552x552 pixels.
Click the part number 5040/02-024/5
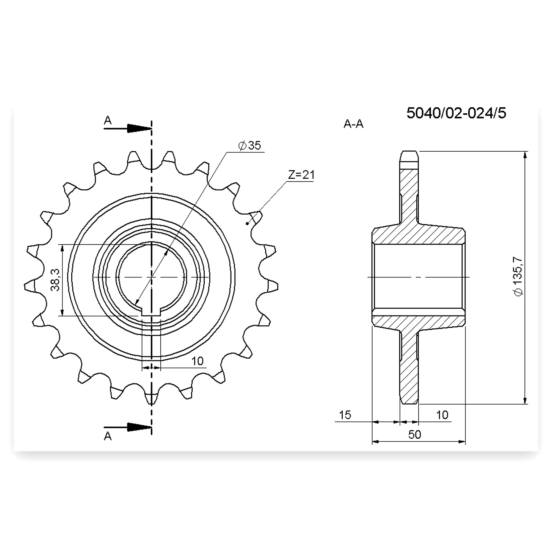click(456, 113)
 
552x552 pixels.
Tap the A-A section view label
click(353, 124)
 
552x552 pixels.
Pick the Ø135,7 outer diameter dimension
click(518, 277)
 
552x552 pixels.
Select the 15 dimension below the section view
click(345, 415)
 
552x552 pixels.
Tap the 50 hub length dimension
click(415, 434)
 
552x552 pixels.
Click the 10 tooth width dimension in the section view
click(442, 415)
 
